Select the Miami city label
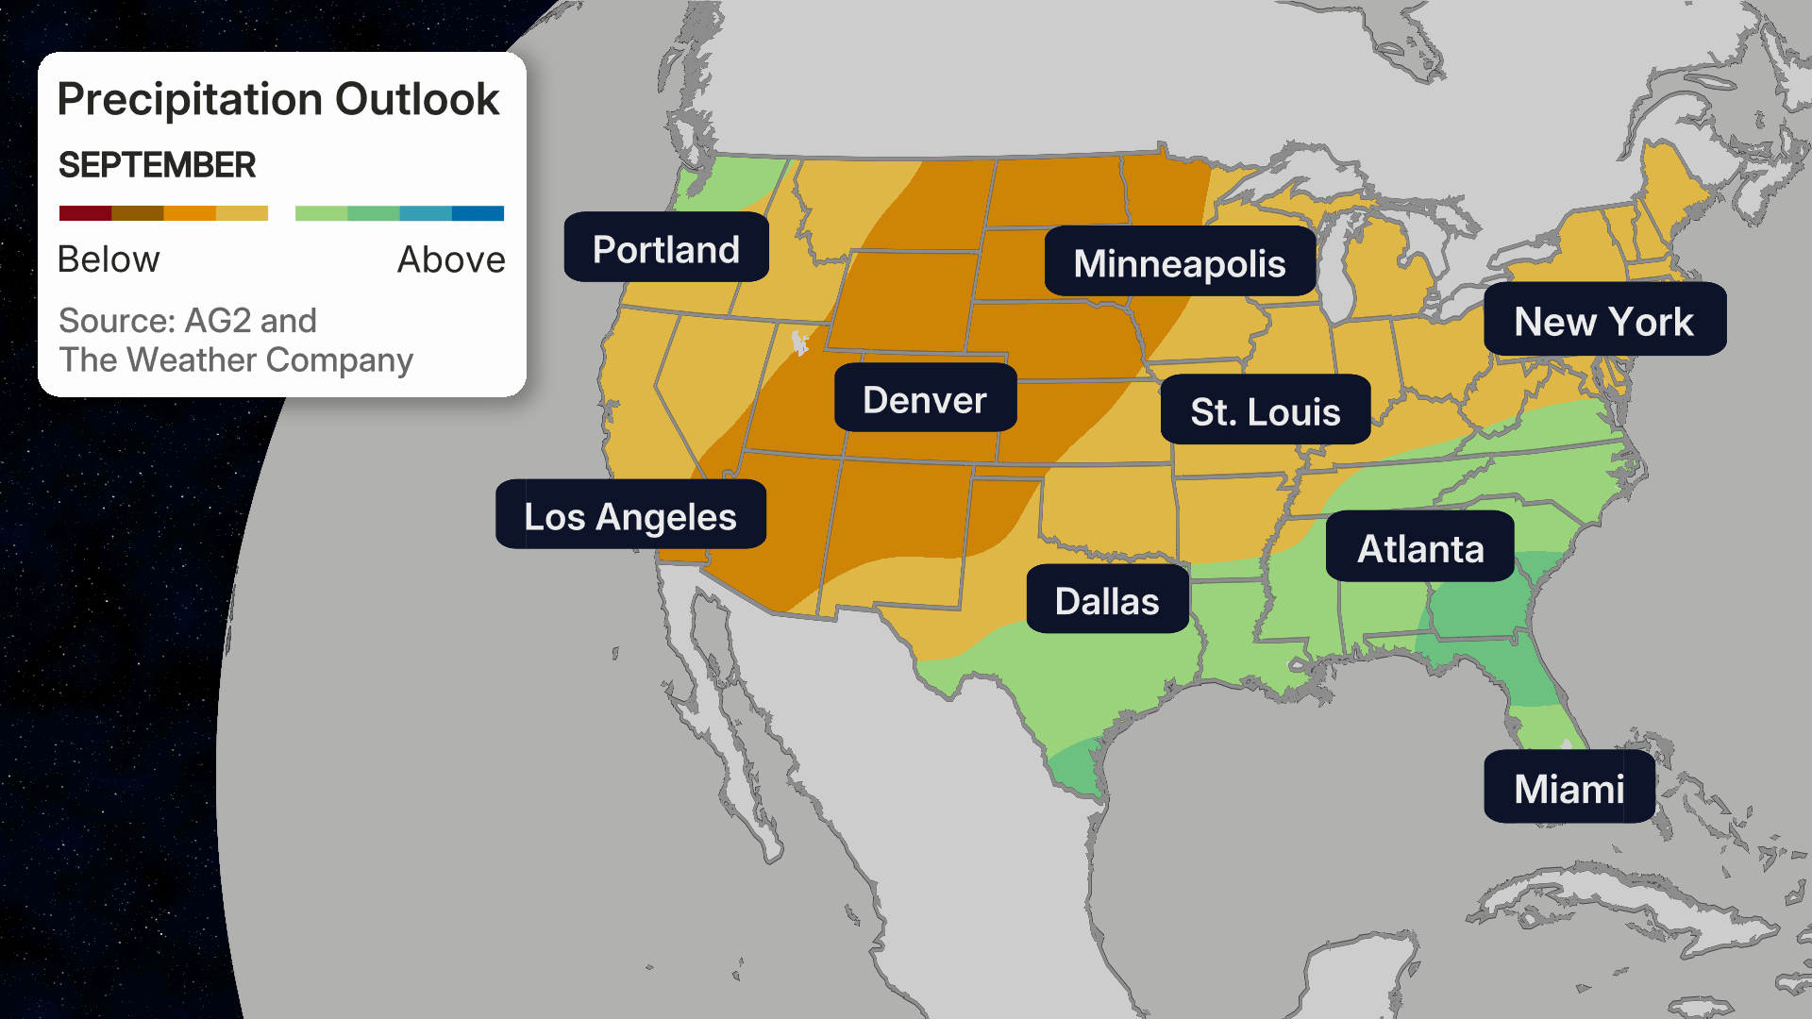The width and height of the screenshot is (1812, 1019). (1569, 787)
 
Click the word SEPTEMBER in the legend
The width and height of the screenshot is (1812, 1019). (157, 165)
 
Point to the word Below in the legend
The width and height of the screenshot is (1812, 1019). (109, 259)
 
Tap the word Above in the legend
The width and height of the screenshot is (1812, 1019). (451, 259)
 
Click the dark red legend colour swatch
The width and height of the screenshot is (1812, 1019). (85, 213)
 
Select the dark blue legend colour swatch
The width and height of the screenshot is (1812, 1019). (478, 213)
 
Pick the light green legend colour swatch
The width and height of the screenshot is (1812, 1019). (321, 213)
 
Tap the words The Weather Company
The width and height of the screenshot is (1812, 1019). (236, 360)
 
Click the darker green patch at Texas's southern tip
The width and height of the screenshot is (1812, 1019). (1076, 764)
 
